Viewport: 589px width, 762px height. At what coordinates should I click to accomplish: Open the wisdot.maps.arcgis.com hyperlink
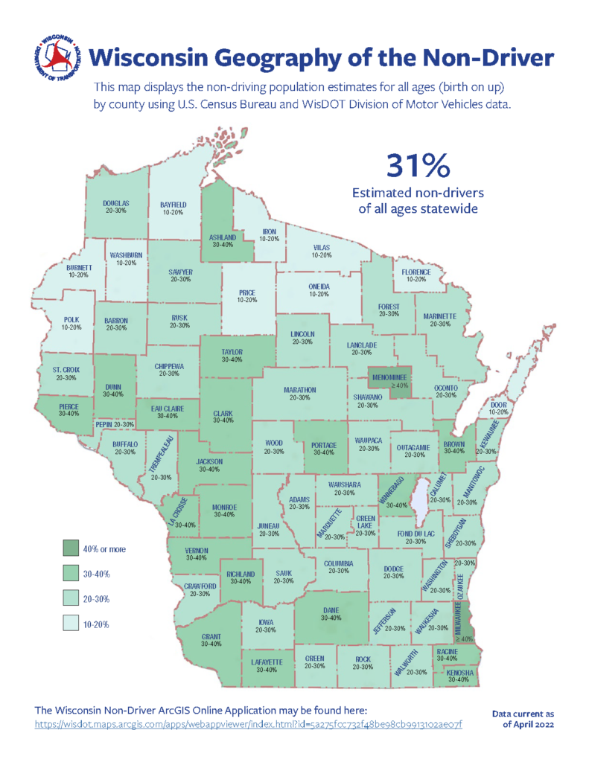click(x=249, y=724)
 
